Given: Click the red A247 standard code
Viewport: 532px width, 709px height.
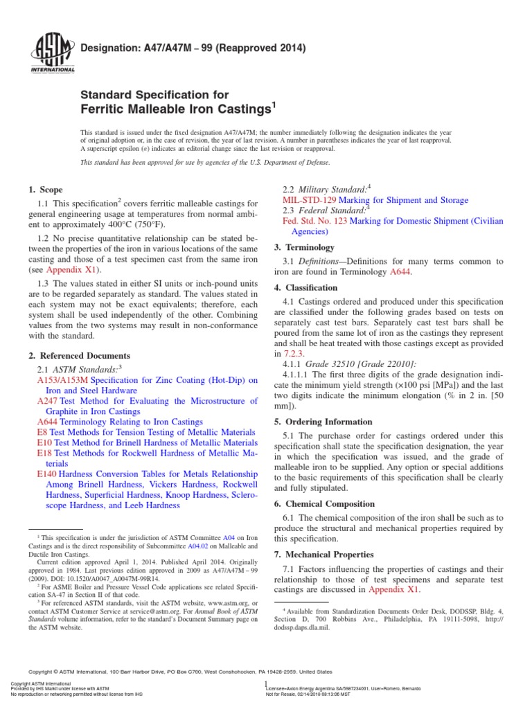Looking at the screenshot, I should (47, 401).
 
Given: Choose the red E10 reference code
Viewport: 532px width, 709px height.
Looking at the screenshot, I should (44, 442).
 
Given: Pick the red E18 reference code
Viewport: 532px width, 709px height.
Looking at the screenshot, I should (44, 453).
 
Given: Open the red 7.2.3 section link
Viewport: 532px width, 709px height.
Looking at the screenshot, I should (295, 353).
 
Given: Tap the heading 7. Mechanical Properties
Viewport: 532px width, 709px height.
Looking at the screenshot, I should (323, 555).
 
